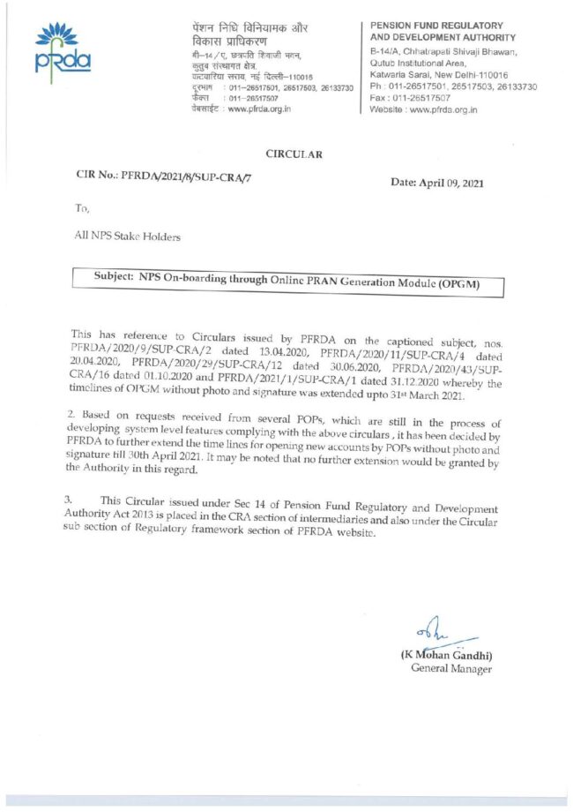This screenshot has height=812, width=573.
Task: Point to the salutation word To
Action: tap(82, 209)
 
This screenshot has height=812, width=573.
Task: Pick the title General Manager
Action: tap(451, 669)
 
